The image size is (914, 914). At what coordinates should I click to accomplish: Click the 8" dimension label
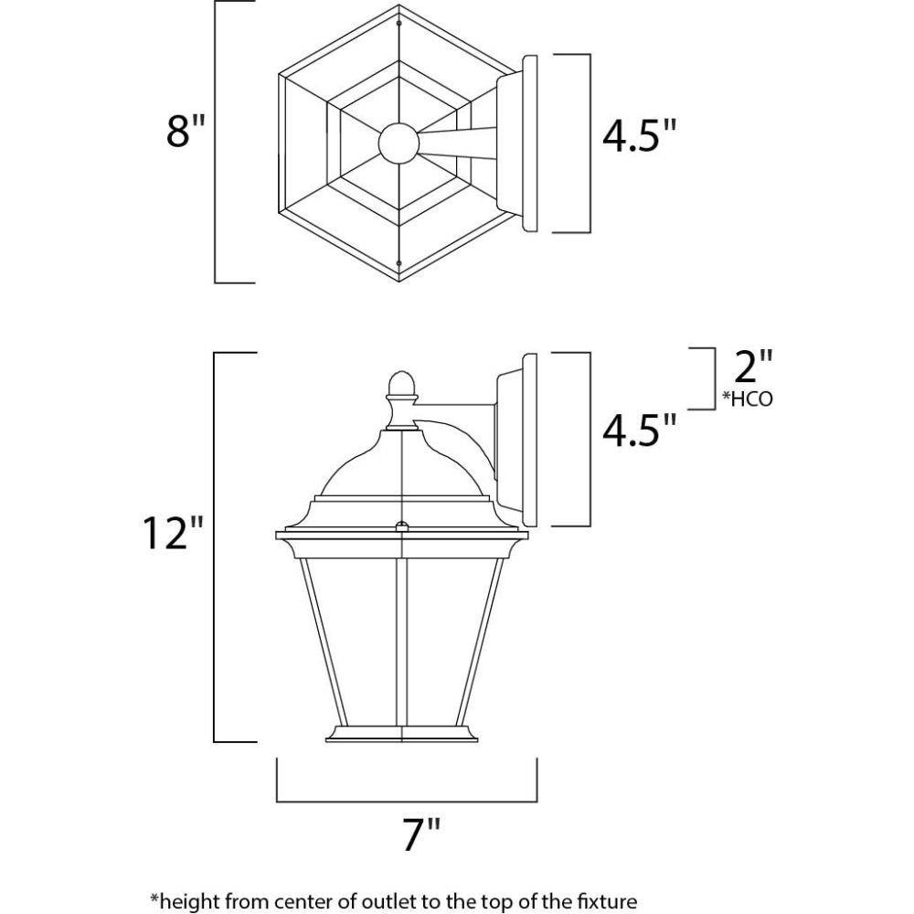[186, 130]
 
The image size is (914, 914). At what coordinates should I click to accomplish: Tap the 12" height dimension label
[173, 532]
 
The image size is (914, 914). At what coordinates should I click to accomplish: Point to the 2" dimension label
[753, 367]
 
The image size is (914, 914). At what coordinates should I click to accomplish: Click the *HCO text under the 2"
[748, 399]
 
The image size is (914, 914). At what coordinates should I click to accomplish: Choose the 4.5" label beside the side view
[640, 430]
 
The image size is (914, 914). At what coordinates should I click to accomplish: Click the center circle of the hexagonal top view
[399, 143]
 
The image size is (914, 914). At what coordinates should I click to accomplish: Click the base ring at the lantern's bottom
[402, 734]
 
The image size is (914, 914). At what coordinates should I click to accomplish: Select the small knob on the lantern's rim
[402, 526]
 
